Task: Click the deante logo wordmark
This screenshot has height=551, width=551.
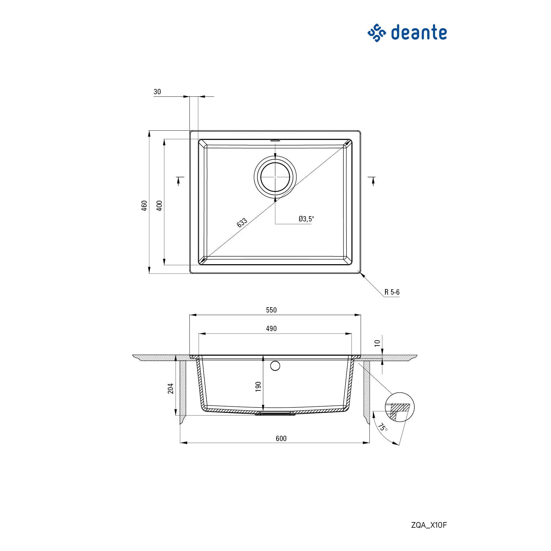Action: (x=419, y=33)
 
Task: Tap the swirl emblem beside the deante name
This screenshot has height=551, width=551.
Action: (x=377, y=33)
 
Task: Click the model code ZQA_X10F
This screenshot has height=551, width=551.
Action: (x=429, y=525)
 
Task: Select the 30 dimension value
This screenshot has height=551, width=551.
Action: (x=157, y=92)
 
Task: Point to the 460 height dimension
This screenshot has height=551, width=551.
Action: (x=144, y=205)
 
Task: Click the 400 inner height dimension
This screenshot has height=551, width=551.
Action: (x=159, y=205)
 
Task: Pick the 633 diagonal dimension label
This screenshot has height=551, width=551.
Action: (x=242, y=222)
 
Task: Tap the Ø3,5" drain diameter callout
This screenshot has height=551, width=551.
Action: (x=306, y=219)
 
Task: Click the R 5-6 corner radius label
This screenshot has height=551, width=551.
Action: (x=392, y=292)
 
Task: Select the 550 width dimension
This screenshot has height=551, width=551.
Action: (x=271, y=310)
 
